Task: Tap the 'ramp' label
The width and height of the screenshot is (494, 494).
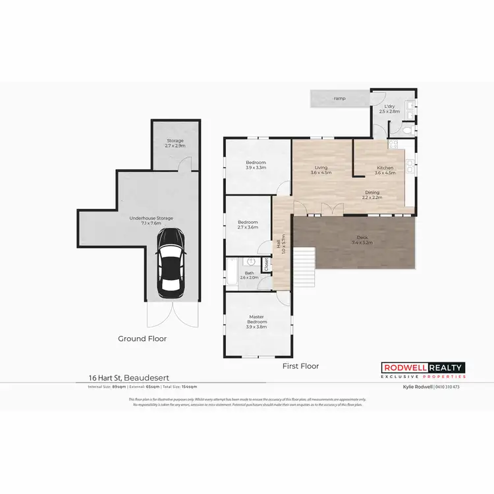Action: (339, 98)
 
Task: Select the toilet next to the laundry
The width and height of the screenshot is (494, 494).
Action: (407, 130)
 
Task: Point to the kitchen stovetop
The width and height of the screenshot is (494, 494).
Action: (395, 146)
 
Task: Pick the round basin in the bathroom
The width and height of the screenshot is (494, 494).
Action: (251, 261)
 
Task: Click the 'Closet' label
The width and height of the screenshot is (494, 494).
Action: (266, 265)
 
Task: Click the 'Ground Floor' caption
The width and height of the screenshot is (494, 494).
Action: (142, 339)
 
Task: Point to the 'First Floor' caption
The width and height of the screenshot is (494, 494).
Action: (301, 366)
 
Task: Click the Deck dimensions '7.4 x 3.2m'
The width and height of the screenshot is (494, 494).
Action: (362, 243)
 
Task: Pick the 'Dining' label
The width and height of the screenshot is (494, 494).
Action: (373, 192)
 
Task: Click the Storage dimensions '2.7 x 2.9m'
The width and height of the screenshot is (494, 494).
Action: (175, 146)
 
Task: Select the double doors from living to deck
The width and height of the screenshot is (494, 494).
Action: (328, 210)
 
